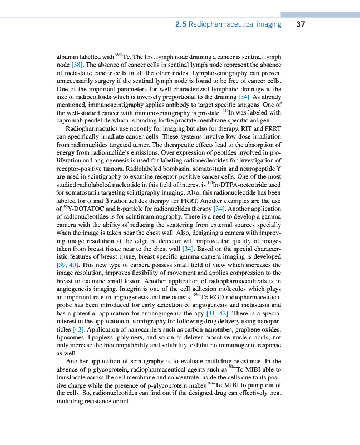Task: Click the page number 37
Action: click(300, 24)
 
